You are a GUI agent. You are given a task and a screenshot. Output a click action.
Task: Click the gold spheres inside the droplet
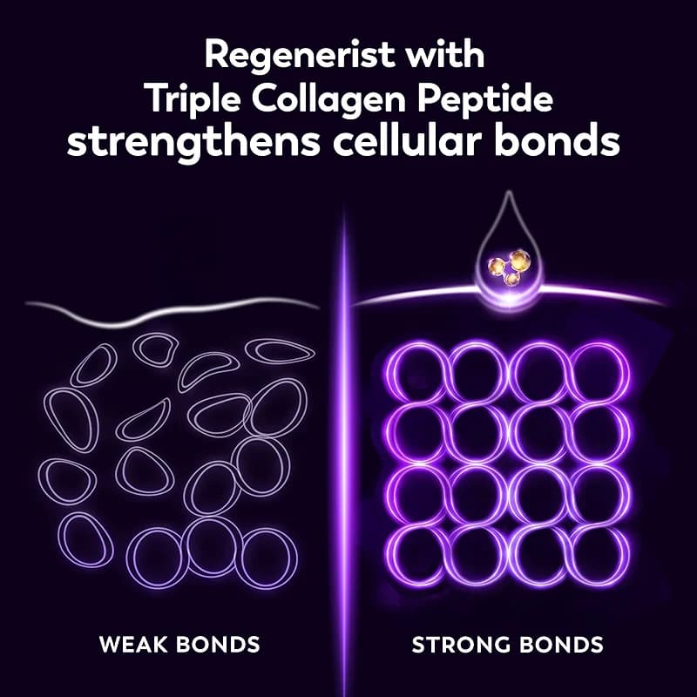click(511, 265)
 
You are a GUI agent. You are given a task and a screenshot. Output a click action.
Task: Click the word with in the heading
click(453, 57)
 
